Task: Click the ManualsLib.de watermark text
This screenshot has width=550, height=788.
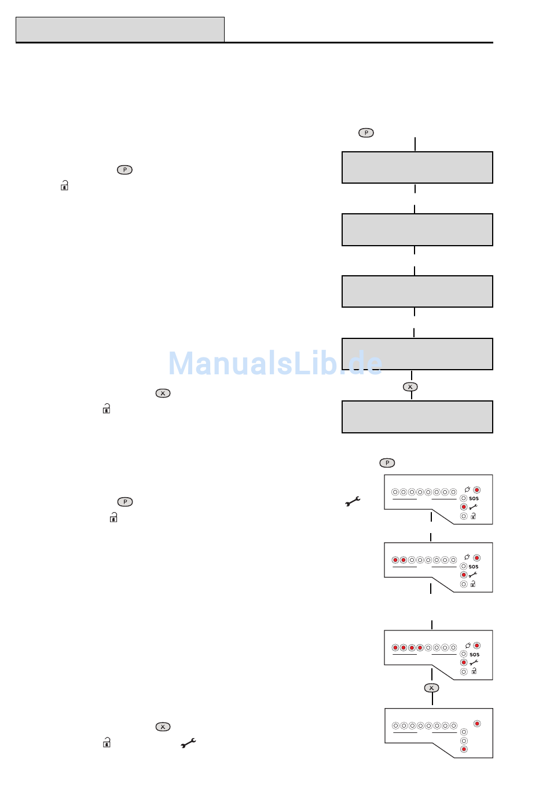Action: click(276, 363)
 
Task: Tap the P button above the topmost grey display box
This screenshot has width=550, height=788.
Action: click(366, 133)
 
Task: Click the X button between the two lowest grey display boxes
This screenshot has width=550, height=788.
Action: click(410, 386)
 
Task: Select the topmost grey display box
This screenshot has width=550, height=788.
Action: click(417, 167)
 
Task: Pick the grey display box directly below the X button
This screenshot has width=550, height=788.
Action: click(417, 417)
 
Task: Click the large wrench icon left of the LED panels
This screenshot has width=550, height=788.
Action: click(353, 501)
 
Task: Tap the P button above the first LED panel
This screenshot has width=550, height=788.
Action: click(387, 462)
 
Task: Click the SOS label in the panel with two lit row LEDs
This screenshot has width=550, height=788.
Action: click(474, 567)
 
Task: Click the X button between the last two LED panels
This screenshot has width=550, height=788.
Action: click(431, 688)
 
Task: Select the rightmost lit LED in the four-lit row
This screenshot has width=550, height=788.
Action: click(420, 648)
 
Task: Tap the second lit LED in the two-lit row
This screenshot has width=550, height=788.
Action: click(404, 560)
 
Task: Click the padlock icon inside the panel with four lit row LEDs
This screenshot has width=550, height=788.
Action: click(474, 671)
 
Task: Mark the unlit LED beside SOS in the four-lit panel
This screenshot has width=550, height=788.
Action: click(464, 654)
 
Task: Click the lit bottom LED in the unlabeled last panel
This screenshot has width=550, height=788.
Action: click(464, 749)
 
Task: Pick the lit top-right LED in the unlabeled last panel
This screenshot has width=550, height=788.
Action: click(477, 724)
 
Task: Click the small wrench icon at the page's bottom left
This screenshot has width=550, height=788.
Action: click(188, 743)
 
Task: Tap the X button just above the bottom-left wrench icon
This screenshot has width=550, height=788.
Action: click(163, 727)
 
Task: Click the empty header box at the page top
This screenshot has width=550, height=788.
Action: click(120, 30)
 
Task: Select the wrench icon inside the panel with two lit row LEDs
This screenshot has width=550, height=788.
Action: click(473, 575)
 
